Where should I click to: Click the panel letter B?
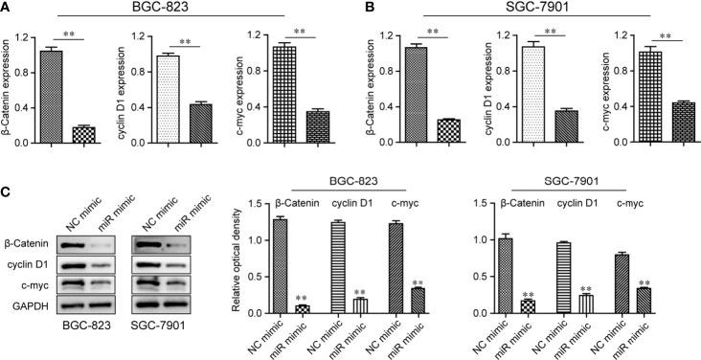pyautogui.click(x=362, y=8)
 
